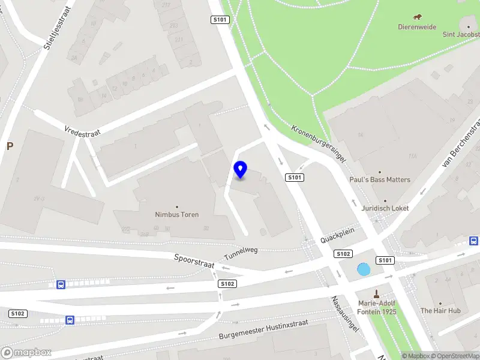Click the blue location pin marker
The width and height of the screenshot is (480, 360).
[241, 170]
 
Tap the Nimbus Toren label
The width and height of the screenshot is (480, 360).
[176, 214]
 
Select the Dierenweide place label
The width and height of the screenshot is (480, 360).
[417, 27]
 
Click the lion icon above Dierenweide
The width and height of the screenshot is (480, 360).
[418, 17]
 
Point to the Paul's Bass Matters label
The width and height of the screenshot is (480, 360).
[380, 179]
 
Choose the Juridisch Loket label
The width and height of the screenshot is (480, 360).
[385, 208]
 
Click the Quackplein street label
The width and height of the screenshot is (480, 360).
[338, 233]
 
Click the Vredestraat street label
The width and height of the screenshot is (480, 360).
[83, 130]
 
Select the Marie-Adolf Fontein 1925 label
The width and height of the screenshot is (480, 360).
[377, 307]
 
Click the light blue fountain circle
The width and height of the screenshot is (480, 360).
[364, 270]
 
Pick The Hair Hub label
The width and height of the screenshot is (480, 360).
[440, 311]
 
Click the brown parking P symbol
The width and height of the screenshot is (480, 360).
[10, 146]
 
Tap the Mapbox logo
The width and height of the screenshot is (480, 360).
[26, 353]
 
